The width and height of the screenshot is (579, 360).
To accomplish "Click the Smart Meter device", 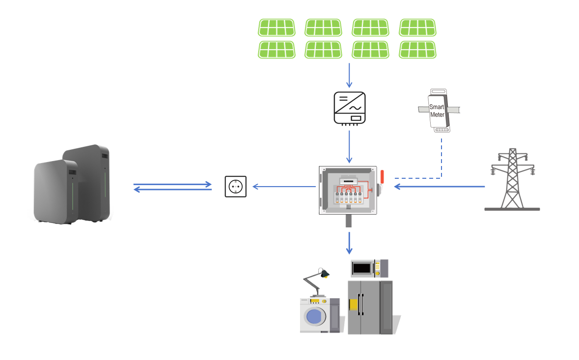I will coord(438,111).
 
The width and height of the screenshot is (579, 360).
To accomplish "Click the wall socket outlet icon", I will coord(236,187).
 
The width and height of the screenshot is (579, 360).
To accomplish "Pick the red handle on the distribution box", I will coord(382,176).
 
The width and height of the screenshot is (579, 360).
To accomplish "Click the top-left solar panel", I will coord(277,28).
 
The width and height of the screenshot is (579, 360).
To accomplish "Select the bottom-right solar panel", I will coord(417,50).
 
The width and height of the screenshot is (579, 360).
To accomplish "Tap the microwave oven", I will coord(369,268).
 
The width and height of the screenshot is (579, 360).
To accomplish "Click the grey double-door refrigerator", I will coord(370,307).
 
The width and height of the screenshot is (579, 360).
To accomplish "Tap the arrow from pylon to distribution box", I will coord(440,187).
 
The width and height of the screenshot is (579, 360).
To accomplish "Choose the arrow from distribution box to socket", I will coord(284,187).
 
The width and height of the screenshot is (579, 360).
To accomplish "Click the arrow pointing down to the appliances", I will coord(349,243).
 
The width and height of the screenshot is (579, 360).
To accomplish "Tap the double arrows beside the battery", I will coord(172,187).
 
